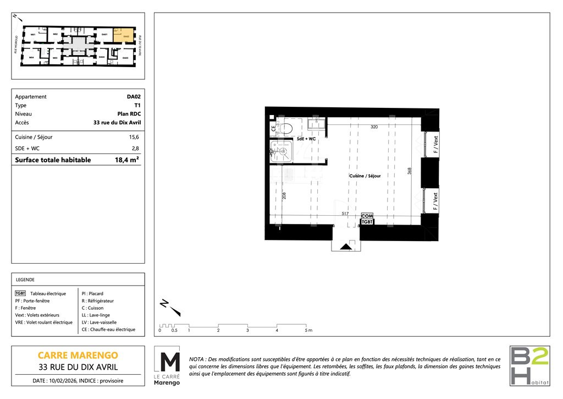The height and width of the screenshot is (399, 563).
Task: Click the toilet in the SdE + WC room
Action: pyautogui.click(x=287, y=128)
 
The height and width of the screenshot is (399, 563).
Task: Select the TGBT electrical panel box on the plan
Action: pyautogui.click(x=367, y=222)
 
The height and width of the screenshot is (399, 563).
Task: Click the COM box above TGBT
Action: pyautogui.click(x=367, y=216)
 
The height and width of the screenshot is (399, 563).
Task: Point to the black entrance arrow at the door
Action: pyautogui.click(x=346, y=247)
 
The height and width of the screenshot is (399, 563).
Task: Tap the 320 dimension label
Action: pyautogui.click(x=374, y=127)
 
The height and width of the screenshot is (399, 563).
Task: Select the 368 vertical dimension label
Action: pyautogui.click(x=410, y=171)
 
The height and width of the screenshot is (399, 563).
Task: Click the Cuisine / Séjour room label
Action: pyautogui.click(x=365, y=176)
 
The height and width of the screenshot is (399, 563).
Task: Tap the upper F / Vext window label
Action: pyautogui.click(x=435, y=145)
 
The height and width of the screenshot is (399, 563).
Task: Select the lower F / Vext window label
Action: pyautogui.click(x=435, y=201)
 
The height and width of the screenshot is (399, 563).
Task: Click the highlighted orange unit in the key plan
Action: pyautogui.click(x=126, y=35)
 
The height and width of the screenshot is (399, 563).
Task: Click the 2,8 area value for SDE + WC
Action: pyautogui.click(x=135, y=149)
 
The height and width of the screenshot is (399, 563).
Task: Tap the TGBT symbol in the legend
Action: pyautogui.click(x=21, y=294)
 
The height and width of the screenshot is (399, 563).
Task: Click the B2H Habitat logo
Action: pyautogui.click(x=529, y=365)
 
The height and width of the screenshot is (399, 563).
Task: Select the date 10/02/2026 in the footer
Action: pyautogui.click(x=69, y=381)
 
